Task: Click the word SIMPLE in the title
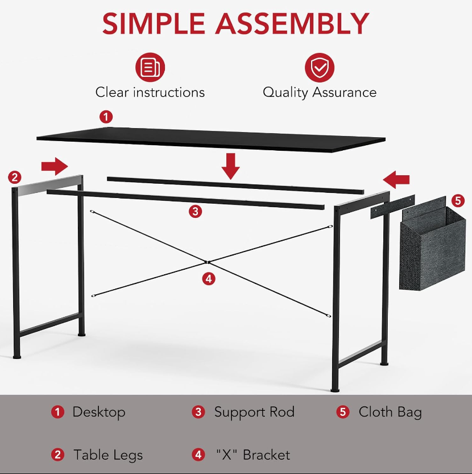[x=154, y=24]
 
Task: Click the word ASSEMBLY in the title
[x=292, y=24]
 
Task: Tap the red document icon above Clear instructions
[x=150, y=67]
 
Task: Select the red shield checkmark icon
[x=320, y=68]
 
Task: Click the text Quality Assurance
[x=320, y=92]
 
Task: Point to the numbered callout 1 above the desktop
[x=106, y=117]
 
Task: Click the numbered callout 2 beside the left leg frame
[x=15, y=177]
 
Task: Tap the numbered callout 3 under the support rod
[x=196, y=211]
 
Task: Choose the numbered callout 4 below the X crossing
[x=209, y=279]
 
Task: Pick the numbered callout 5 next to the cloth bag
[x=458, y=200]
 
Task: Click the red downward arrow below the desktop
[x=230, y=166]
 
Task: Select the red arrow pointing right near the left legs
[x=55, y=166]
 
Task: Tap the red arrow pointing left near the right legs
[x=396, y=180]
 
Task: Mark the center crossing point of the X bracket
[x=206, y=262]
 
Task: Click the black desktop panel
[x=211, y=139]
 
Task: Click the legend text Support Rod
[x=254, y=412]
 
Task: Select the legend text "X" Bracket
[x=253, y=455]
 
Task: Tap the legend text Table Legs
[x=108, y=455]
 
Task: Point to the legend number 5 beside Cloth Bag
[x=343, y=412]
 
